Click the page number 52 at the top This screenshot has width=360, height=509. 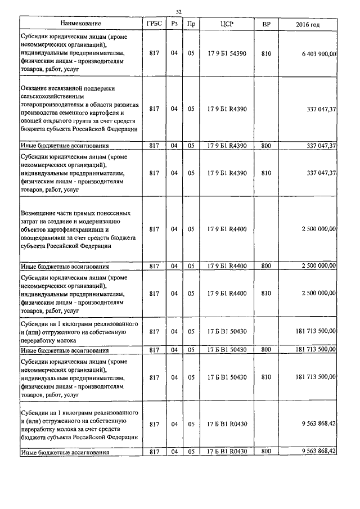coord(179,12)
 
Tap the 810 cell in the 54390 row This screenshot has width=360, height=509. coord(266,53)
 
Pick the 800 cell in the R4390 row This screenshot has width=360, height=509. coord(266,146)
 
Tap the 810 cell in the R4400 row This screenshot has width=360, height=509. coord(266,293)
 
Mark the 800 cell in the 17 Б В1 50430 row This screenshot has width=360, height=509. coord(266,350)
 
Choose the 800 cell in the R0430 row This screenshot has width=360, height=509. coord(266,452)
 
